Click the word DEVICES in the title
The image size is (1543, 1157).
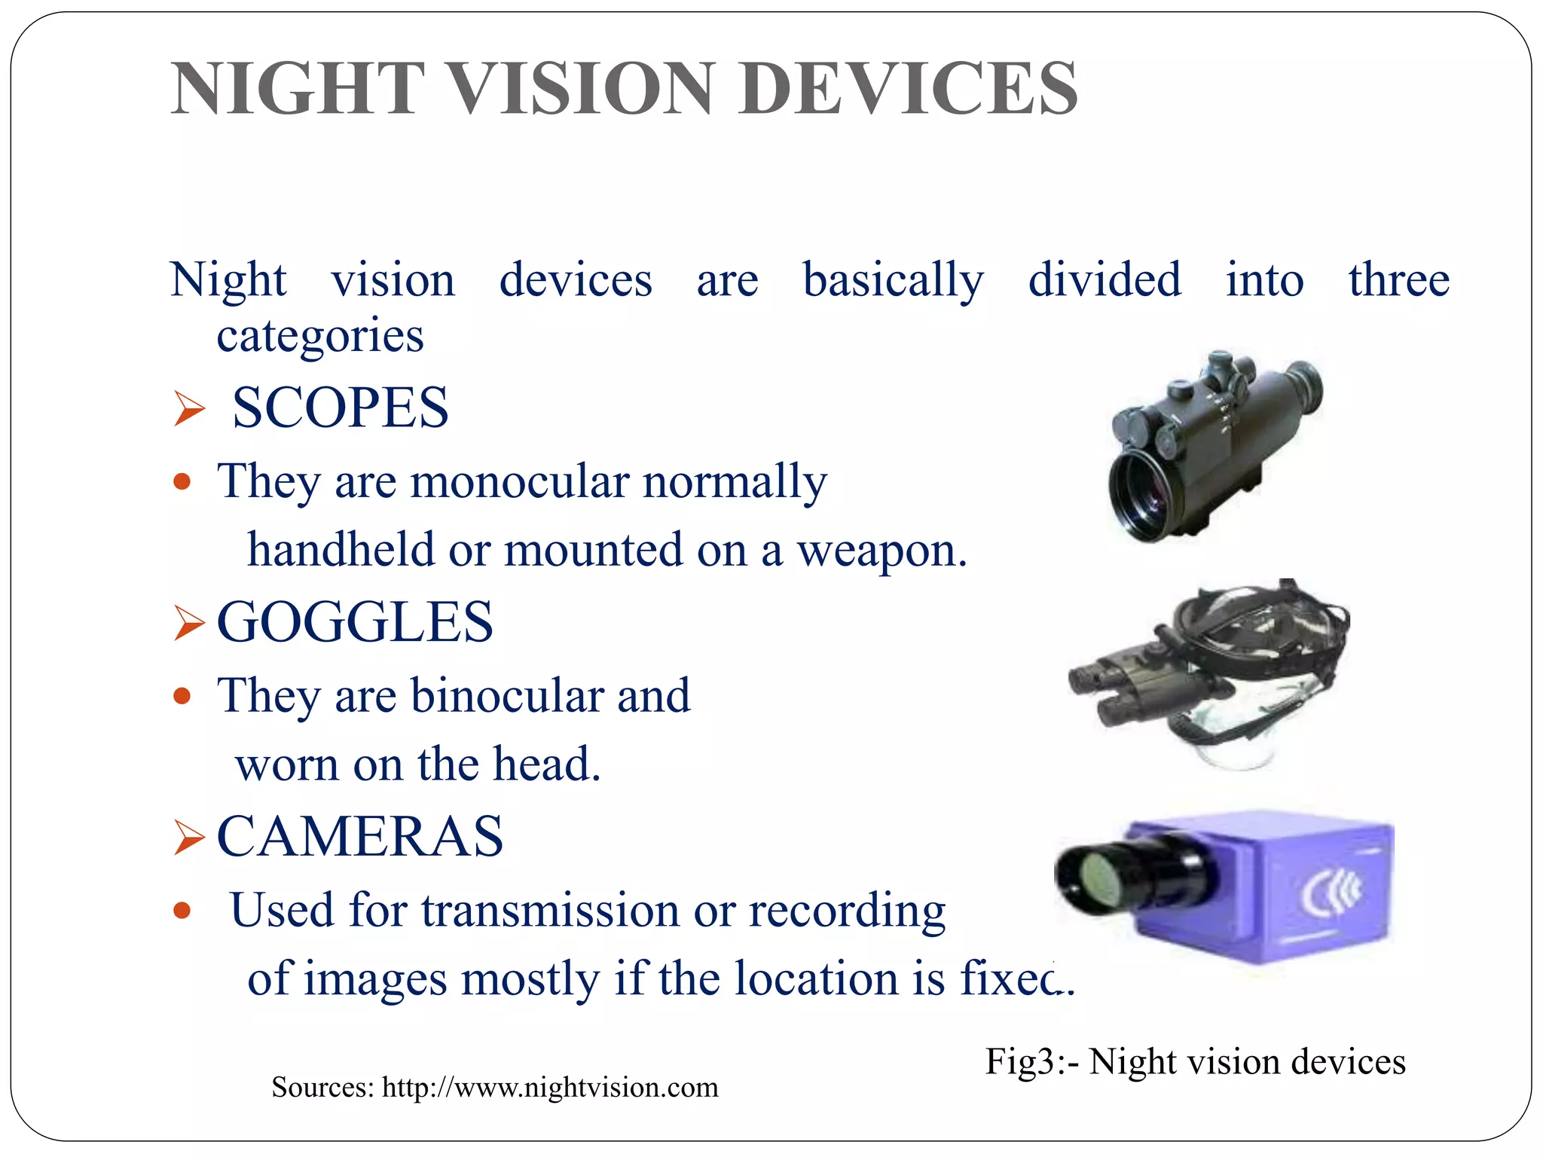click(x=908, y=89)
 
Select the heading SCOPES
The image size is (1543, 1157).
click(x=340, y=408)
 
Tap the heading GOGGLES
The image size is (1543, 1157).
click(x=355, y=622)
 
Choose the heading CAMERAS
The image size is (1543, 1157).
click(x=360, y=837)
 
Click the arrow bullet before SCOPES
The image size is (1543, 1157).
click(x=188, y=409)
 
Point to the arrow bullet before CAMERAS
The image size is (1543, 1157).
click(x=188, y=838)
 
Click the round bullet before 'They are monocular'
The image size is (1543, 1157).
click(x=182, y=481)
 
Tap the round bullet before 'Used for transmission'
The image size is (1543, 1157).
click(x=182, y=911)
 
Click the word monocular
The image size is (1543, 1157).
click(x=520, y=481)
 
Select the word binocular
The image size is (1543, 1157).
click(x=506, y=695)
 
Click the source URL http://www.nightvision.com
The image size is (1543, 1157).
click(x=550, y=1088)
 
